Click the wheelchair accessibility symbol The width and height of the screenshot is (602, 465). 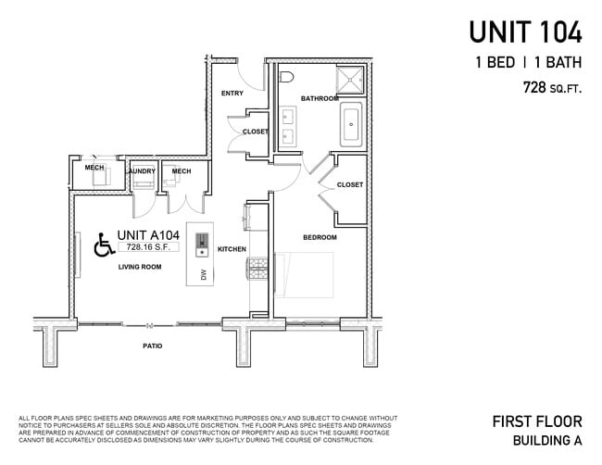tap(104, 245)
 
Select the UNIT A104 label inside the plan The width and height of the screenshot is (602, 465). tap(148, 234)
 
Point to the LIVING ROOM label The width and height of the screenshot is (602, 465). tap(139, 267)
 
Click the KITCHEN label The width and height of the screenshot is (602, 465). tap(231, 249)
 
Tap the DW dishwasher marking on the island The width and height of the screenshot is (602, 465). tap(204, 274)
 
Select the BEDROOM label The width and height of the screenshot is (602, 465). tap(320, 237)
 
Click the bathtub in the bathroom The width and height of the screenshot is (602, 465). tap(352, 125)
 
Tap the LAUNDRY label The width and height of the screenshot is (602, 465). tap(141, 170)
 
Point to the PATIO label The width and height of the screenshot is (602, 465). tap(152, 346)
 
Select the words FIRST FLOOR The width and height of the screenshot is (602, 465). tap(537, 421)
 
